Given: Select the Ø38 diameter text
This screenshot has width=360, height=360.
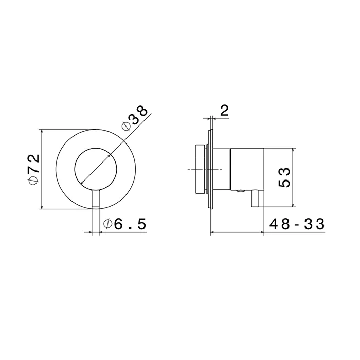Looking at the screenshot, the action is click(x=135, y=118).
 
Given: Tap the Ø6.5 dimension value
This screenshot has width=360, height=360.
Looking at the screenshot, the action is click(x=124, y=224).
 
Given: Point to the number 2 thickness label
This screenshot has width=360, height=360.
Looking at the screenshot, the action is click(x=224, y=111).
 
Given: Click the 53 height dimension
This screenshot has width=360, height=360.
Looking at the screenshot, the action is click(x=284, y=177).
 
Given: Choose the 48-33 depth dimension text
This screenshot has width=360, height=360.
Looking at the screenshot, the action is click(x=297, y=224).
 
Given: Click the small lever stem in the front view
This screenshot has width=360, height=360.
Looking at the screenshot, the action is click(x=96, y=199).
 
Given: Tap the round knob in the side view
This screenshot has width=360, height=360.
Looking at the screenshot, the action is click(x=201, y=169).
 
